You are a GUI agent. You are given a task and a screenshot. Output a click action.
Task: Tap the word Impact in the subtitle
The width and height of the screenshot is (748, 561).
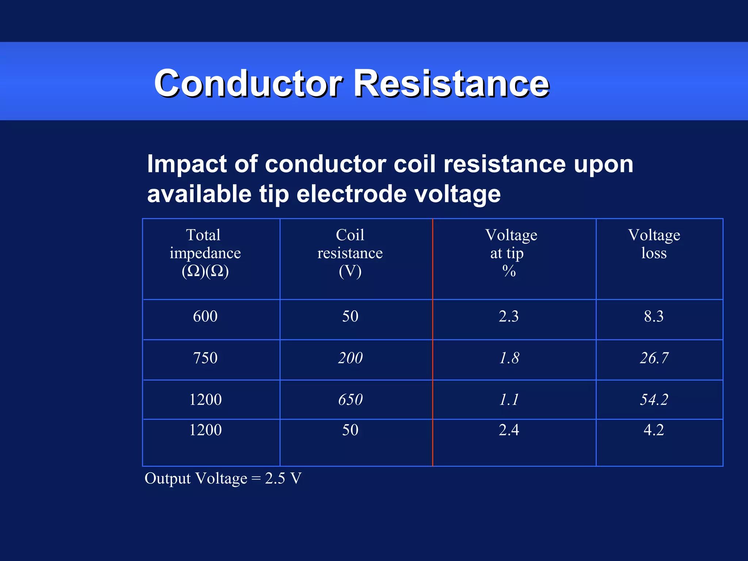coord(187,164)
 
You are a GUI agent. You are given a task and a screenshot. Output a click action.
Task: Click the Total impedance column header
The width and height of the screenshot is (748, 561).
coord(205,253)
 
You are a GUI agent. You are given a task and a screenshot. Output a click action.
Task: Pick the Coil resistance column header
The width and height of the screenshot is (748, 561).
coord(350,253)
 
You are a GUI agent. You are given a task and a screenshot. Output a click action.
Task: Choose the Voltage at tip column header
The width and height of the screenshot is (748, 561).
coord(510,253)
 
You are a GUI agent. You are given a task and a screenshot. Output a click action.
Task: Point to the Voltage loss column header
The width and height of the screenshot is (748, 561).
coord(654,244)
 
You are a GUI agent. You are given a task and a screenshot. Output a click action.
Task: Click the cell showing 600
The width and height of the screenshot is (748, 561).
coord(205,316)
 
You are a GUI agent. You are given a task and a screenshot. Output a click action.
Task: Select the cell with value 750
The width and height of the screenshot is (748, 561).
coord(205,358)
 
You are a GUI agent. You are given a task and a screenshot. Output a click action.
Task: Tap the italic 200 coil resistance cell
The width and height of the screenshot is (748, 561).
coord(350,358)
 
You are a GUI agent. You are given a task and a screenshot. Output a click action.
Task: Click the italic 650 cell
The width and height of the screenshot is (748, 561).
coord(350,400)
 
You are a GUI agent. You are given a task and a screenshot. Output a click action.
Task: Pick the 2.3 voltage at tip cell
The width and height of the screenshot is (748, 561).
coord(509,316)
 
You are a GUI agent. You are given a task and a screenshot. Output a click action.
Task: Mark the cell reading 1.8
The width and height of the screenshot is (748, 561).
coord(509,358)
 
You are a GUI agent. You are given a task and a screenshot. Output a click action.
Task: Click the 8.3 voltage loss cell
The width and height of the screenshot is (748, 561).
coord(654,316)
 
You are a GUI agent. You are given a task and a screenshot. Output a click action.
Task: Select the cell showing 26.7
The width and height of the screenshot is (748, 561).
coord(654,358)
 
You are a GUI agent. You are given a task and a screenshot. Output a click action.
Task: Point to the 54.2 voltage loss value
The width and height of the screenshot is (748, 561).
coord(654,400)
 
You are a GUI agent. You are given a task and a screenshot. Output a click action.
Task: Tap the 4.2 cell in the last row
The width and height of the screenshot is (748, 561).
coord(654,430)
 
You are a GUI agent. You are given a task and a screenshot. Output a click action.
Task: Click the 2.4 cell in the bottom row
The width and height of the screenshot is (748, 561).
coord(509,430)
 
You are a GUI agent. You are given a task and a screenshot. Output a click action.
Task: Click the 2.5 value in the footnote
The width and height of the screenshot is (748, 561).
coord(275,478)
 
